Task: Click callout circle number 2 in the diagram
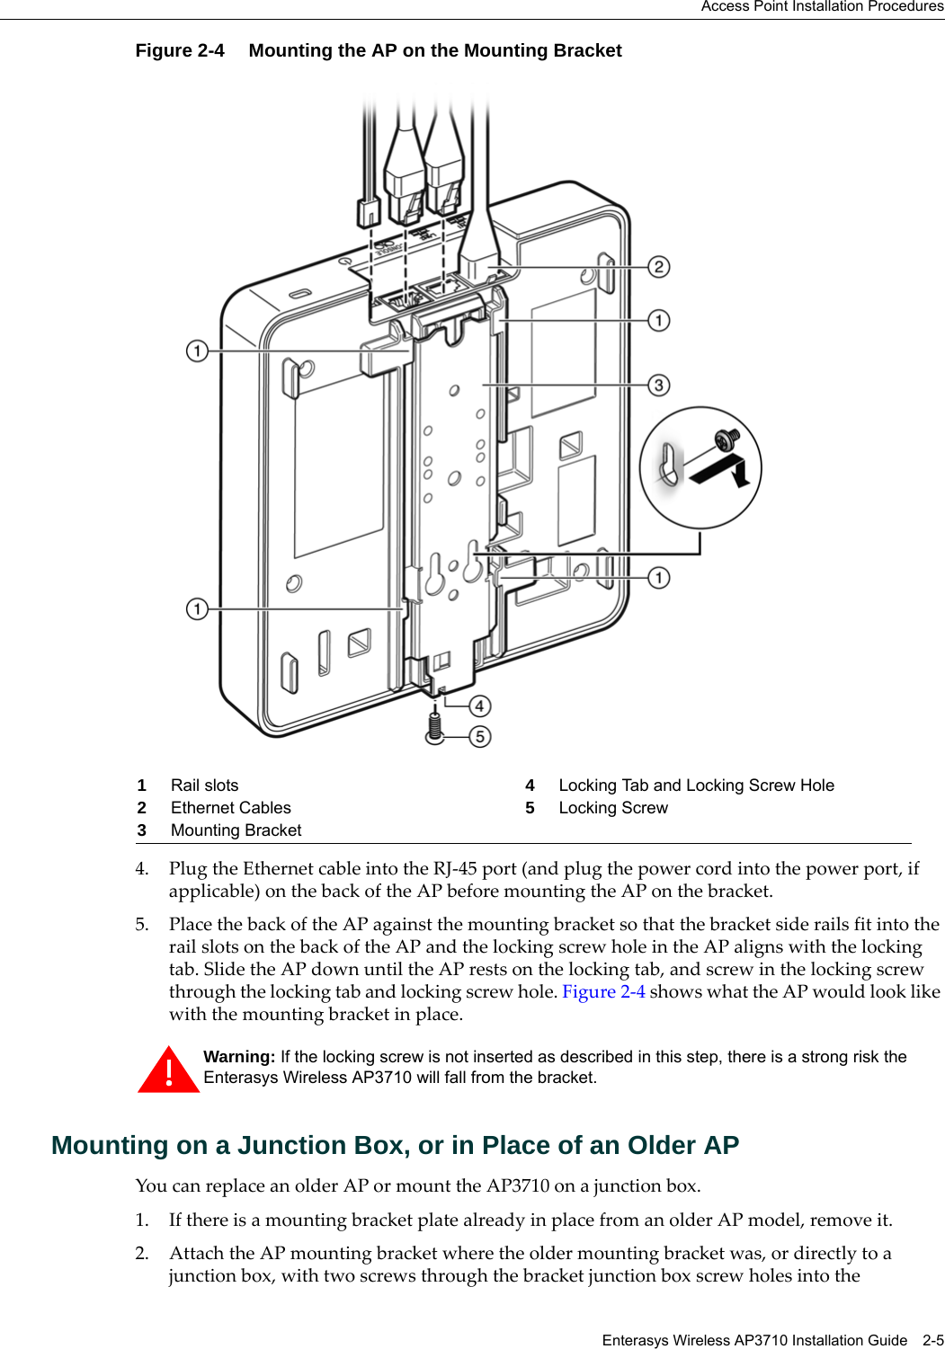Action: point(659,267)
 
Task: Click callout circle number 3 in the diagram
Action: point(659,386)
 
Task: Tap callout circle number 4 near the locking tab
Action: point(479,706)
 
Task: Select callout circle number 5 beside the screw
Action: point(480,737)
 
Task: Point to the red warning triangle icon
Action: point(168,1070)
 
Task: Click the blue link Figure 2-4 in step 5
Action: point(603,991)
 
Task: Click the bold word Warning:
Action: point(239,1057)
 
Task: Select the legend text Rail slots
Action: point(204,785)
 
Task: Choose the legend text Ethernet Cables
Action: point(230,808)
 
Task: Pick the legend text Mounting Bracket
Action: point(236,830)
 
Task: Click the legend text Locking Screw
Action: point(612,808)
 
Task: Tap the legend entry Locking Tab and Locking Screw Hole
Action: point(696,785)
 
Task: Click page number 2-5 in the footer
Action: point(932,1340)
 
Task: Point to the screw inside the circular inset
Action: point(727,439)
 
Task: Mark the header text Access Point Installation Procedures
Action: point(822,7)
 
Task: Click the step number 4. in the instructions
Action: point(142,869)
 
